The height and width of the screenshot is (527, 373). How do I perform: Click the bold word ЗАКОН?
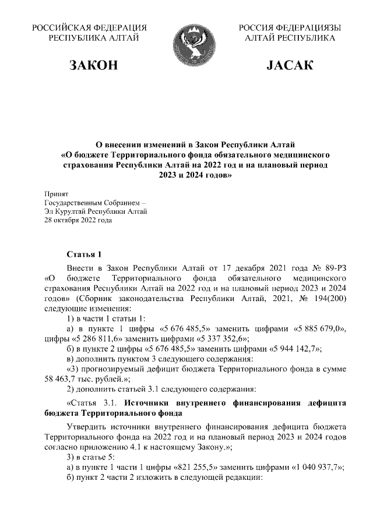[93, 65]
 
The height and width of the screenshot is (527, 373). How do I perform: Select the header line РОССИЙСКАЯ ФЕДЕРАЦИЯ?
[89, 28]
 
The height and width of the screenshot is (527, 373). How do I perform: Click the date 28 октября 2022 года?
[79, 220]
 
